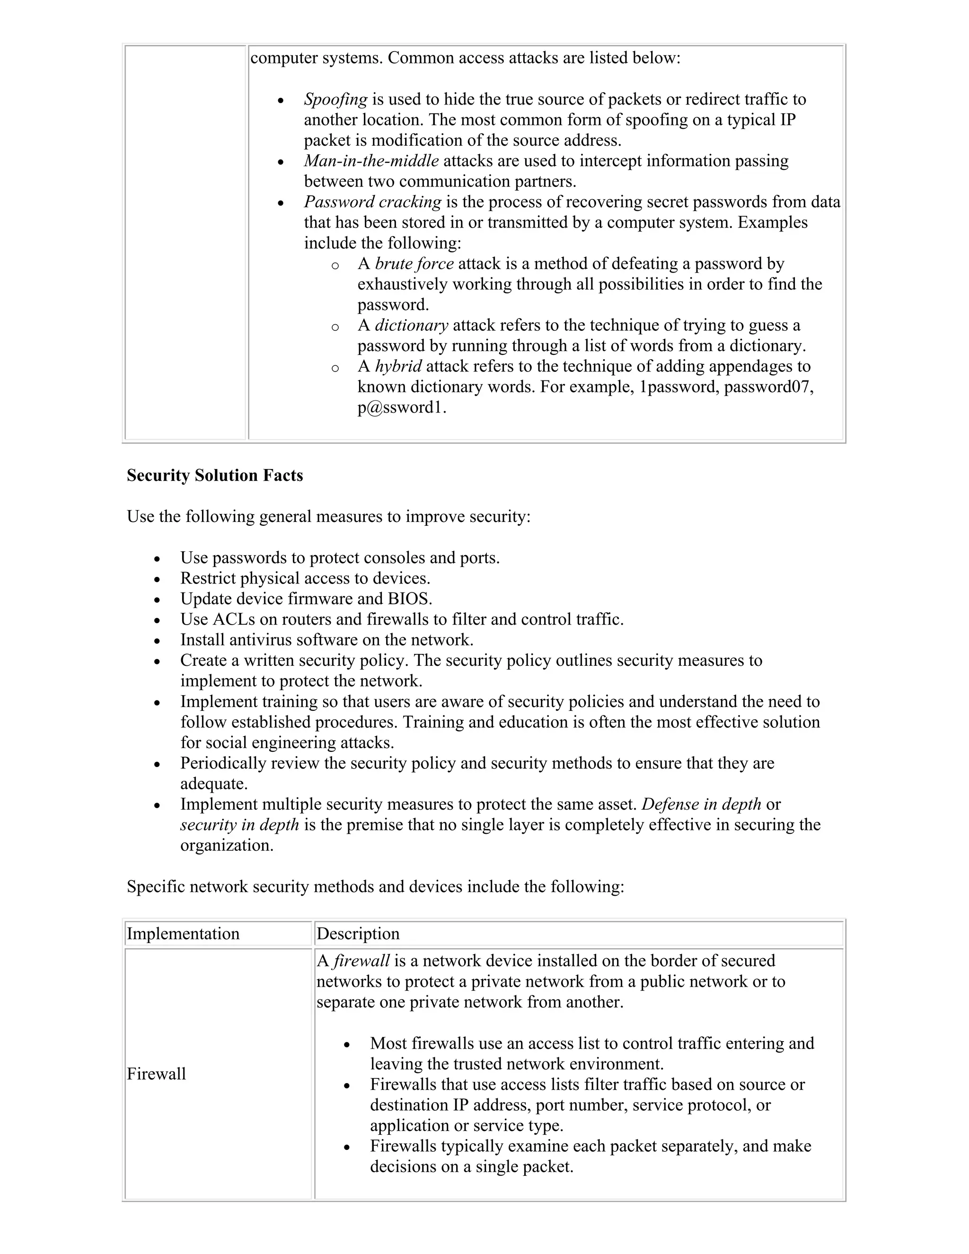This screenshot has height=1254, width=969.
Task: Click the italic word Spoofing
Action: point(335,99)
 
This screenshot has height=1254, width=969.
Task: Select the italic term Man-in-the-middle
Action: point(371,161)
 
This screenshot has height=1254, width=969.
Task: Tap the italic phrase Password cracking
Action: point(372,202)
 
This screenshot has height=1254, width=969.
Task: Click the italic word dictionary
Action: point(411,326)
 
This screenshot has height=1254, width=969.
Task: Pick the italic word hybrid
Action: point(398,366)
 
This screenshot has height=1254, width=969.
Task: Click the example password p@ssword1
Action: point(401,407)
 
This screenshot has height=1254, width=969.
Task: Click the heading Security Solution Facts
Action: point(215,476)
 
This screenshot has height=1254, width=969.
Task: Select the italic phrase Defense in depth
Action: point(701,804)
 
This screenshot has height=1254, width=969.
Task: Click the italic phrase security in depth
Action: point(239,825)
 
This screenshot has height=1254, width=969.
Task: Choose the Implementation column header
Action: point(183,934)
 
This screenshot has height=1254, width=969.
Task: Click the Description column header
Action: point(358,934)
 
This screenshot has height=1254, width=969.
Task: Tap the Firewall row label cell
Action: point(156,1074)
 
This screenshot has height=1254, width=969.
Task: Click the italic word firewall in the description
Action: point(361,961)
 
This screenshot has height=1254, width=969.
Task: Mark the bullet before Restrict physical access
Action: point(157,579)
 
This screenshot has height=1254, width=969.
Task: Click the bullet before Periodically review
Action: point(157,764)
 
